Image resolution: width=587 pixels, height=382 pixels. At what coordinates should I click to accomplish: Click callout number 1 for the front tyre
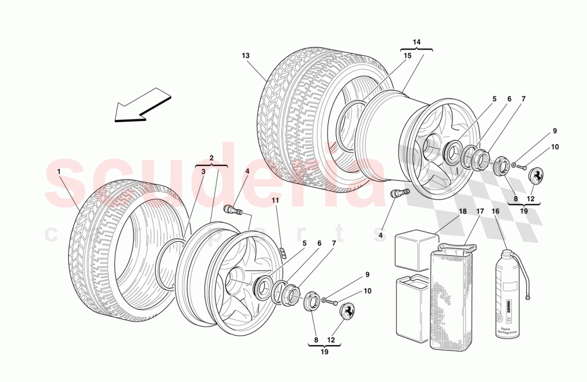point(59,172)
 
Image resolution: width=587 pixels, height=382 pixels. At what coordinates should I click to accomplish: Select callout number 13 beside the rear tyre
point(245,55)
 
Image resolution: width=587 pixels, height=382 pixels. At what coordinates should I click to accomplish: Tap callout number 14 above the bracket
point(416,42)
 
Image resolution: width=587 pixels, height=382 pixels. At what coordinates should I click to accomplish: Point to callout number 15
point(408,55)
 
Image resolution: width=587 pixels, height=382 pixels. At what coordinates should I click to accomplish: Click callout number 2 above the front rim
point(211,158)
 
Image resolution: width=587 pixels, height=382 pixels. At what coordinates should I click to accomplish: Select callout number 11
point(275,200)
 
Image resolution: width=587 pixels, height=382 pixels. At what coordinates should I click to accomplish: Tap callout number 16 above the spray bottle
point(495,211)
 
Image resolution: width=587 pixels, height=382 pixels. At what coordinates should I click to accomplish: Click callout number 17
point(480,211)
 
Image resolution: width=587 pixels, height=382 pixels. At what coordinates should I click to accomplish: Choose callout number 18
point(463,211)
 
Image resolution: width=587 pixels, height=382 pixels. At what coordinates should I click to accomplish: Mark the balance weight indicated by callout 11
point(283,252)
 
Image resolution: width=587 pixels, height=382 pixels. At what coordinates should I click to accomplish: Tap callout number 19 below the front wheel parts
point(324,352)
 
